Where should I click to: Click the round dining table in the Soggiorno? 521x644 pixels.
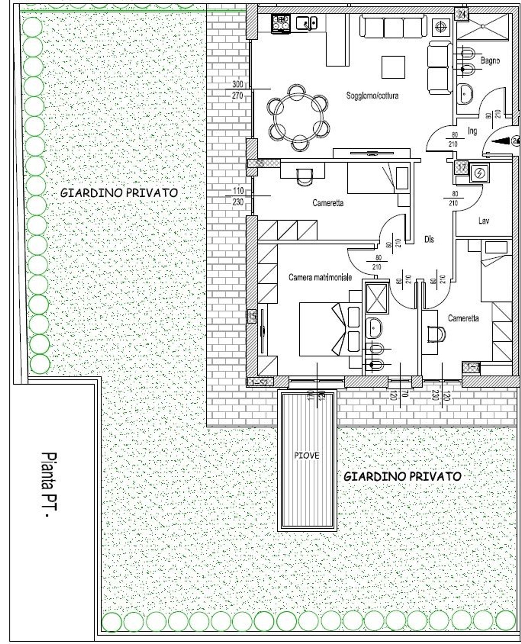click(x=298, y=118)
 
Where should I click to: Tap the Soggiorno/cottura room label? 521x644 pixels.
click(x=372, y=96)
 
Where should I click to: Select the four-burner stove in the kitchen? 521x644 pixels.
click(x=281, y=24)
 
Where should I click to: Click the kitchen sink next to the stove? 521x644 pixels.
click(x=306, y=24)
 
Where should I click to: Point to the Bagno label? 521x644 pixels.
click(x=490, y=60)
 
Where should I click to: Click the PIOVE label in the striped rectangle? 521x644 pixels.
click(x=306, y=455)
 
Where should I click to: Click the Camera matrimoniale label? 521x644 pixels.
click(x=320, y=277)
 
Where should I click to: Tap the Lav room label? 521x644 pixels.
click(x=483, y=221)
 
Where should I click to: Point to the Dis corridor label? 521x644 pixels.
click(x=429, y=239)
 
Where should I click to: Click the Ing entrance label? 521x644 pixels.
click(x=472, y=131)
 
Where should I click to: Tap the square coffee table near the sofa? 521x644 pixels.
click(x=393, y=67)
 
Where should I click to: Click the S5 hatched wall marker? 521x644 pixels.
click(x=264, y=163)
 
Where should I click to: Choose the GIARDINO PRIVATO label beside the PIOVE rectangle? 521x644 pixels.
click(x=402, y=476)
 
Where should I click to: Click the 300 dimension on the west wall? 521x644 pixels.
click(x=238, y=84)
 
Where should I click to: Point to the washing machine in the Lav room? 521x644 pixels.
click(x=479, y=173)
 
